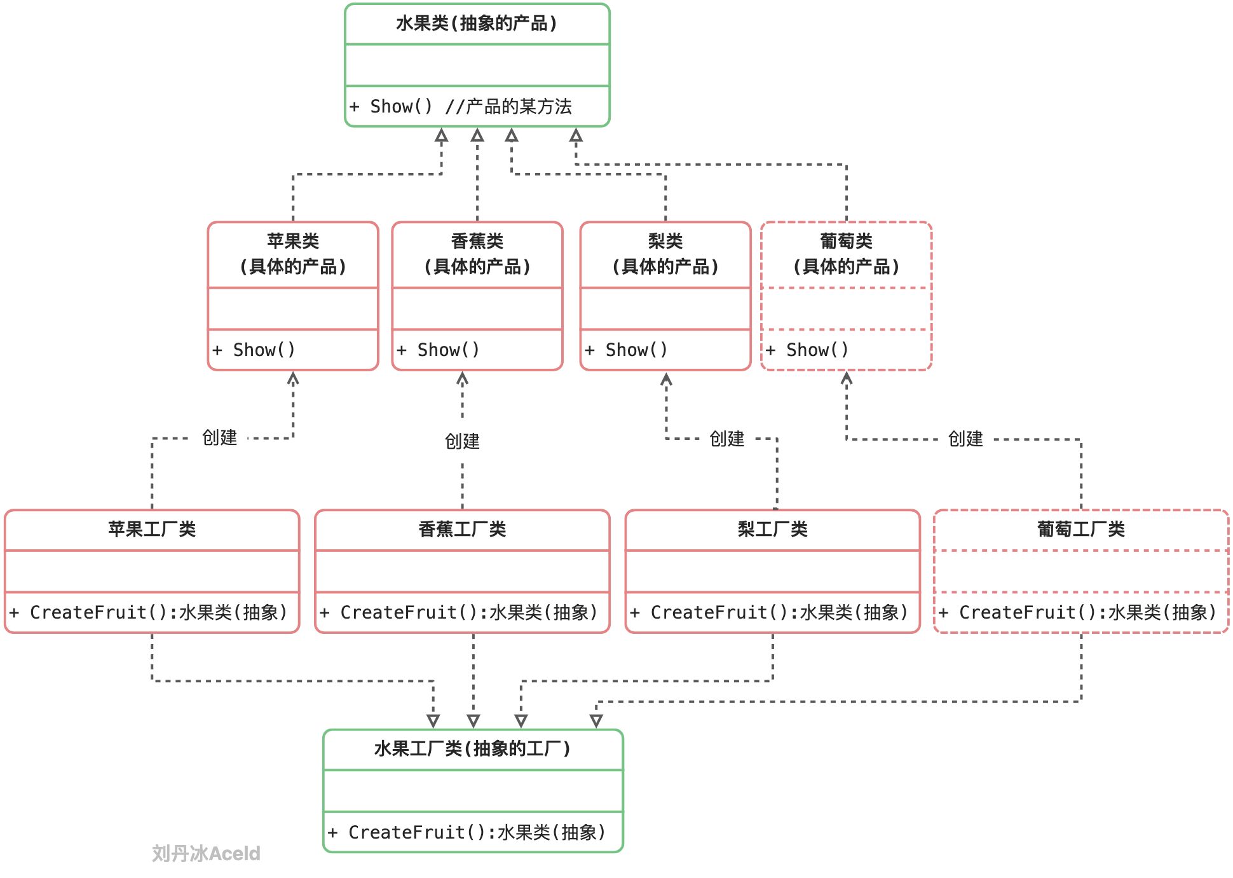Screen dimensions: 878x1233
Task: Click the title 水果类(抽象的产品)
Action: pos(477,24)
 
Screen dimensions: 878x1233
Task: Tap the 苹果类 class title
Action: pos(293,242)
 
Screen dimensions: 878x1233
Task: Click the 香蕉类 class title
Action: pos(477,242)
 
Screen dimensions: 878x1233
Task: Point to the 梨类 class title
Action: pos(665,242)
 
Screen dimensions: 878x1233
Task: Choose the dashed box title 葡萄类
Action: pos(846,242)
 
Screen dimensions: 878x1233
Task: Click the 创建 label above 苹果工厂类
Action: pos(219,437)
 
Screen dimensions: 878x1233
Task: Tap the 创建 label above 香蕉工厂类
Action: pos(462,441)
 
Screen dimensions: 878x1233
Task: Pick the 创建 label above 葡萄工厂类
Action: pos(965,439)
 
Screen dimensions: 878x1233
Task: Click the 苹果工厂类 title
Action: pos(152,529)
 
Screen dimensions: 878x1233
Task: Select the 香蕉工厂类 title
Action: pos(462,529)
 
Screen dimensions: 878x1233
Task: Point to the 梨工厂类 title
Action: pos(772,529)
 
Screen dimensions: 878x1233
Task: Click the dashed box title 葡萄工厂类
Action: pos(1080,529)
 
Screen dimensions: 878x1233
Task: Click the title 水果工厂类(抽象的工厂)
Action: pos(472,749)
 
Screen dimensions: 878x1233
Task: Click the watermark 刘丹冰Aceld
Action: pos(206,853)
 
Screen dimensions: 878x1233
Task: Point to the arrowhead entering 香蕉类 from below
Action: pos(462,379)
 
